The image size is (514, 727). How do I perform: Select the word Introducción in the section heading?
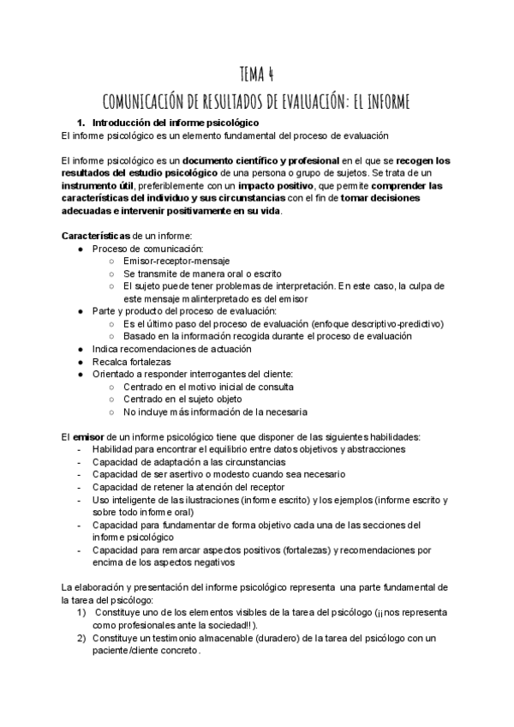(123, 123)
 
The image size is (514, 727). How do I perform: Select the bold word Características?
(93, 236)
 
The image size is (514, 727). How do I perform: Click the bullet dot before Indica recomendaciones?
(79, 350)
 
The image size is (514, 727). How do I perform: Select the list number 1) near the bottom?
(82, 612)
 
